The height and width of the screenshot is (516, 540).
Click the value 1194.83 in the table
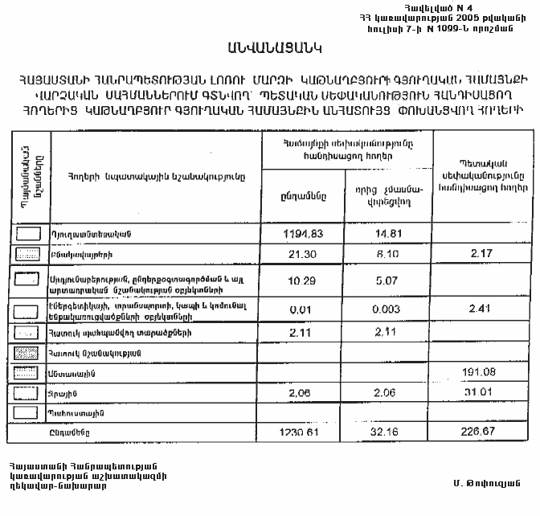[x=303, y=233]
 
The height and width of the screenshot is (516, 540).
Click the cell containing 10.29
[x=304, y=279]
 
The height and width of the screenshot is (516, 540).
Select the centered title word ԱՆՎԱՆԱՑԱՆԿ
[x=270, y=48]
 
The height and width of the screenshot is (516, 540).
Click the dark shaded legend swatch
[x=29, y=352]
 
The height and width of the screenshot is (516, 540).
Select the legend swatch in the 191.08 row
[x=29, y=372]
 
